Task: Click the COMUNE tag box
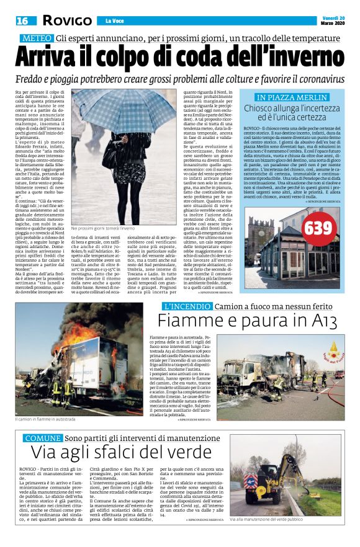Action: pyautogui.click(x=40, y=438)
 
